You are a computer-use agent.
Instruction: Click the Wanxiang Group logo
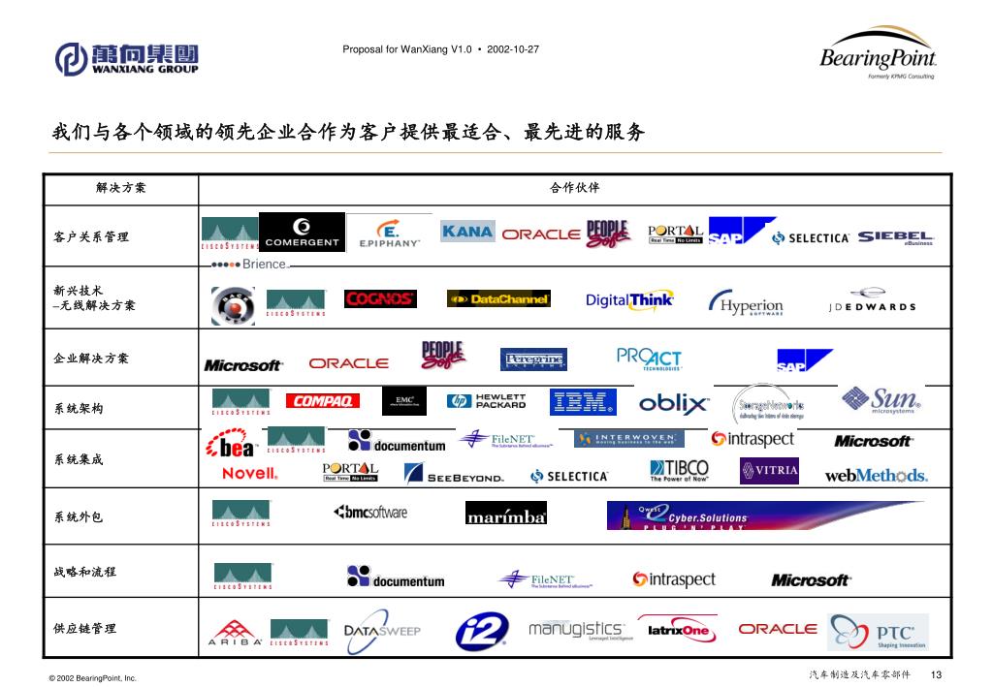point(126,58)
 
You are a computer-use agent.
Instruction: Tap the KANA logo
point(467,232)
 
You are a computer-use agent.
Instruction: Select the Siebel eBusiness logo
point(895,236)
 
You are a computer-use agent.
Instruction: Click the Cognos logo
point(380,299)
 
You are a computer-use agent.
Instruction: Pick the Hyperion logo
point(747,303)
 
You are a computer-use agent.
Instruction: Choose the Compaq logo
point(322,401)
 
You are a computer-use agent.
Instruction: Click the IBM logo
point(582,401)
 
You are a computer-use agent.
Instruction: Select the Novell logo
point(249,474)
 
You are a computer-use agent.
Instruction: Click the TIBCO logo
point(679,472)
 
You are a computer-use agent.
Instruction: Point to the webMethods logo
point(876,475)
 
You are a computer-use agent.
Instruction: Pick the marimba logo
point(506,515)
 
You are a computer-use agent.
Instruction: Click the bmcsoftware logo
point(370,513)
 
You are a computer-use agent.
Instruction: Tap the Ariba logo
point(234,634)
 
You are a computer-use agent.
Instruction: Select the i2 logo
point(481,632)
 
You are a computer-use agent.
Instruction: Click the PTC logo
point(878,633)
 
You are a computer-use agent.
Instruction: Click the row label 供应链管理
point(85,629)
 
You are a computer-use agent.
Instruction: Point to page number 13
point(936,675)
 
